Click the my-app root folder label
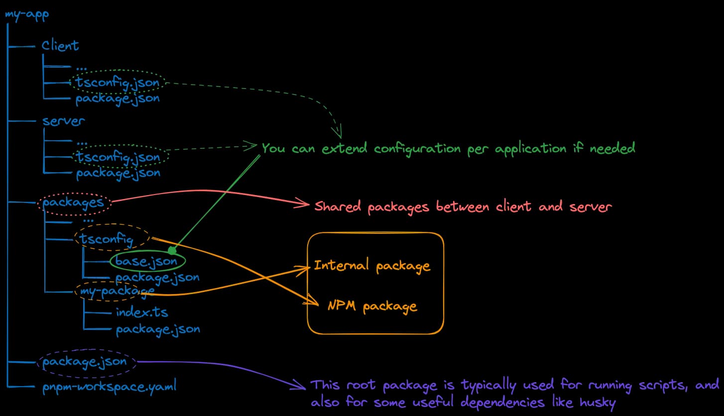[x=27, y=13]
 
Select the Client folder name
[x=60, y=46]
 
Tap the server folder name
[x=63, y=121]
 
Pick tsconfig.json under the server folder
[x=118, y=157]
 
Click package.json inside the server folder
[x=118, y=173]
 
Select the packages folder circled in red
[x=73, y=203]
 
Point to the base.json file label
[x=146, y=261]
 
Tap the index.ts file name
[x=142, y=312]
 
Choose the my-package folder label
[x=114, y=291]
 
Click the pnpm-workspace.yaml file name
[x=109, y=386]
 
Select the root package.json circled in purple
[x=85, y=362]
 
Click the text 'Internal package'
[x=371, y=266]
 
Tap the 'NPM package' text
[x=372, y=306]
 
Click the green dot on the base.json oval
[x=172, y=250]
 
